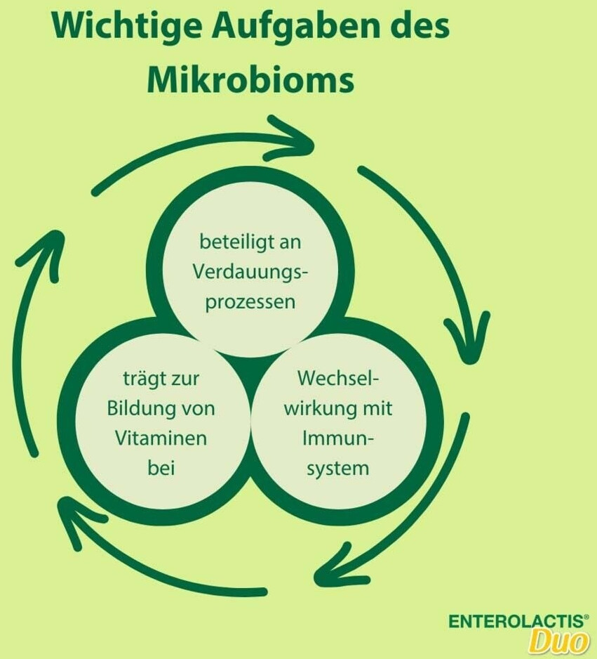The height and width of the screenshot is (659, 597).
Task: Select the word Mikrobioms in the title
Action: click(x=250, y=79)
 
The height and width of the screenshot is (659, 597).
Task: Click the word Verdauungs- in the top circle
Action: click(x=250, y=273)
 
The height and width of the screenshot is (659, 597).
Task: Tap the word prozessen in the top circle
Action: click(x=250, y=303)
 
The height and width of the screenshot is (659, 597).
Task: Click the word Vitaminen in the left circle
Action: click(x=161, y=438)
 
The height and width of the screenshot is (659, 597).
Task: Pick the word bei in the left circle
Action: click(x=161, y=468)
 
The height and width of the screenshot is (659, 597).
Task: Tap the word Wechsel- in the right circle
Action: click(x=337, y=378)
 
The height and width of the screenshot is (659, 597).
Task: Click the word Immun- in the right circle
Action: click(x=337, y=438)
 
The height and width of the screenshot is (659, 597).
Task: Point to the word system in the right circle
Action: click(x=337, y=468)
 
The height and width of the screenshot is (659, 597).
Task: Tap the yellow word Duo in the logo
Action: click(x=558, y=641)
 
